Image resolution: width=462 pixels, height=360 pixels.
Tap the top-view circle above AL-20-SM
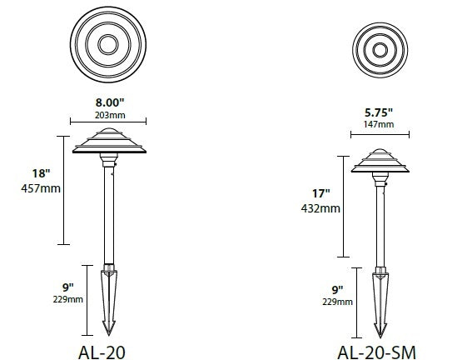(x=380, y=48)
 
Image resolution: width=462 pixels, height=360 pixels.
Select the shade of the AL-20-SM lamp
(x=380, y=162)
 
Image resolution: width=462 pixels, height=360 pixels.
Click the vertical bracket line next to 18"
(x=59, y=190)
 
